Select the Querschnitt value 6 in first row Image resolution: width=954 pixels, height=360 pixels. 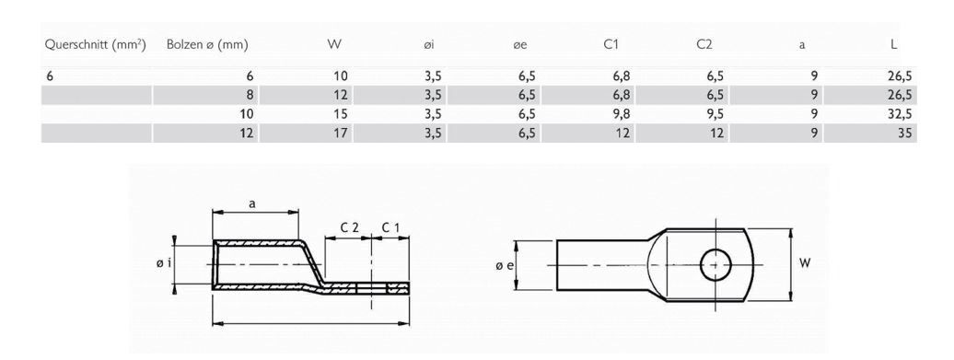point(50,75)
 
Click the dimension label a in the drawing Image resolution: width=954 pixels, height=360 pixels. point(253,205)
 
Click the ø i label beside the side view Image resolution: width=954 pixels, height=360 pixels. point(163,264)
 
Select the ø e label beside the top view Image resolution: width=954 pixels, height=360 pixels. point(501,265)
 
